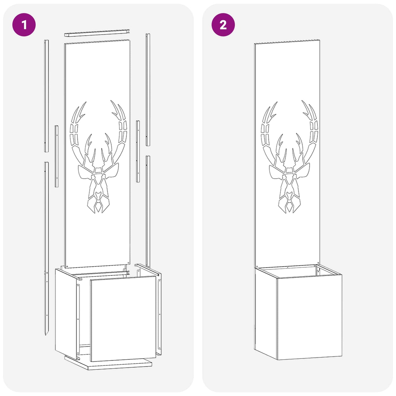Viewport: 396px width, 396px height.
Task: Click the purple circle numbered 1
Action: pyautogui.click(x=24, y=25)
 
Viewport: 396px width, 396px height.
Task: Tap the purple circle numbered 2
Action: pyautogui.click(x=223, y=25)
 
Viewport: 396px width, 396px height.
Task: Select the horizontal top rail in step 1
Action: pyautogui.click(x=97, y=33)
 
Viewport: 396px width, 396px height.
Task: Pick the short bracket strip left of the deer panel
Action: pyautogui.click(x=56, y=156)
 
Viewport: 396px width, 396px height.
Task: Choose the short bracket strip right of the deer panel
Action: pyautogui.click(x=138, y=152)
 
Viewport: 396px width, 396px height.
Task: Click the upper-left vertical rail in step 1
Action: pyautogui.click(x=46, y=96)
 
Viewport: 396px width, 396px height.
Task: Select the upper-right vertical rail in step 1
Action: pyautogui.click(x=148, y=90)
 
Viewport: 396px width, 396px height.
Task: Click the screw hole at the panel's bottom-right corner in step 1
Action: pyautogui.click(x=128, y=263)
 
